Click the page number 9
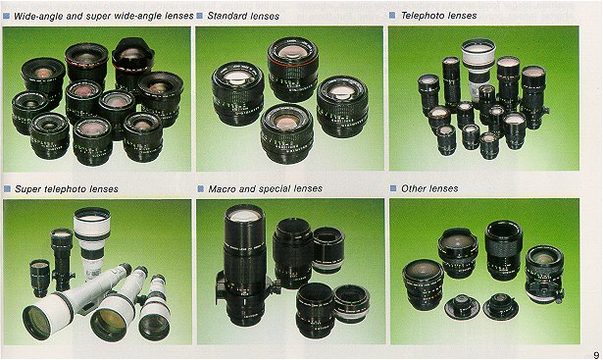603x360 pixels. coord(596,355)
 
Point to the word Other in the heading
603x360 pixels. coord(413,188)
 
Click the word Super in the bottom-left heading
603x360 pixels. coord(28,189)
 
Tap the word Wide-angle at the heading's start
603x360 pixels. coord(37,16)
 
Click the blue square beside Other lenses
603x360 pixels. coord(393,188)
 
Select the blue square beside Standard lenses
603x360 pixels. coord(200,16)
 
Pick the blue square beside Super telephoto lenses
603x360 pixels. coord(7,189)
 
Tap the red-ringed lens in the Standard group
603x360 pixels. coord(293,69)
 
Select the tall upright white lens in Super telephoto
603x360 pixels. coord(91,240)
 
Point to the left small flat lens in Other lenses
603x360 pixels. coord(462,306)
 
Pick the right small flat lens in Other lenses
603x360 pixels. coord(500,306)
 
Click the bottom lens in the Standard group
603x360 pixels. coord(287,133)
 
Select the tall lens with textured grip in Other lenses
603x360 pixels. coord(503,250)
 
